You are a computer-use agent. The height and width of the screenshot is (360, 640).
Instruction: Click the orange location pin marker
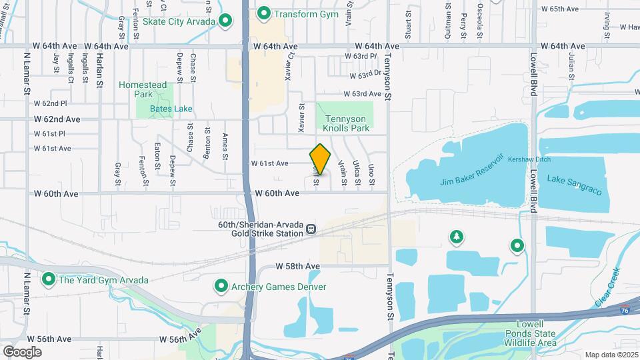(x=320, y=159)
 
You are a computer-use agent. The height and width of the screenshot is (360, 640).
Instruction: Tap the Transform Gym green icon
(x=264, y=13)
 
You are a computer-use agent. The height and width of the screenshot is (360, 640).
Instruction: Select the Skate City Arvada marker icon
(x=226, y=21)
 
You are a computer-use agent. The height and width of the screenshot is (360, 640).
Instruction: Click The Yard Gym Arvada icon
(x=48, y=279)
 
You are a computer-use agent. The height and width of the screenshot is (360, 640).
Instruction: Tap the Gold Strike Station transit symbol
(x=311, y=230)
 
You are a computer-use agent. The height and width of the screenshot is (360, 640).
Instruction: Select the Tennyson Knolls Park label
(x=346, y=123)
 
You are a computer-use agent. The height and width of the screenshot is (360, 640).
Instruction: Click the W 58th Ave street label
(x=298, y=266)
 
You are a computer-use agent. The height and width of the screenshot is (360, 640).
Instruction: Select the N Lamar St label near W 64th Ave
(x=27, y=73)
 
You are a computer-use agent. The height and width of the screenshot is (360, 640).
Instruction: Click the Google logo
(x=22, y=351)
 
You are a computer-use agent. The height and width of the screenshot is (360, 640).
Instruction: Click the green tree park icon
(x=456, y=237)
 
